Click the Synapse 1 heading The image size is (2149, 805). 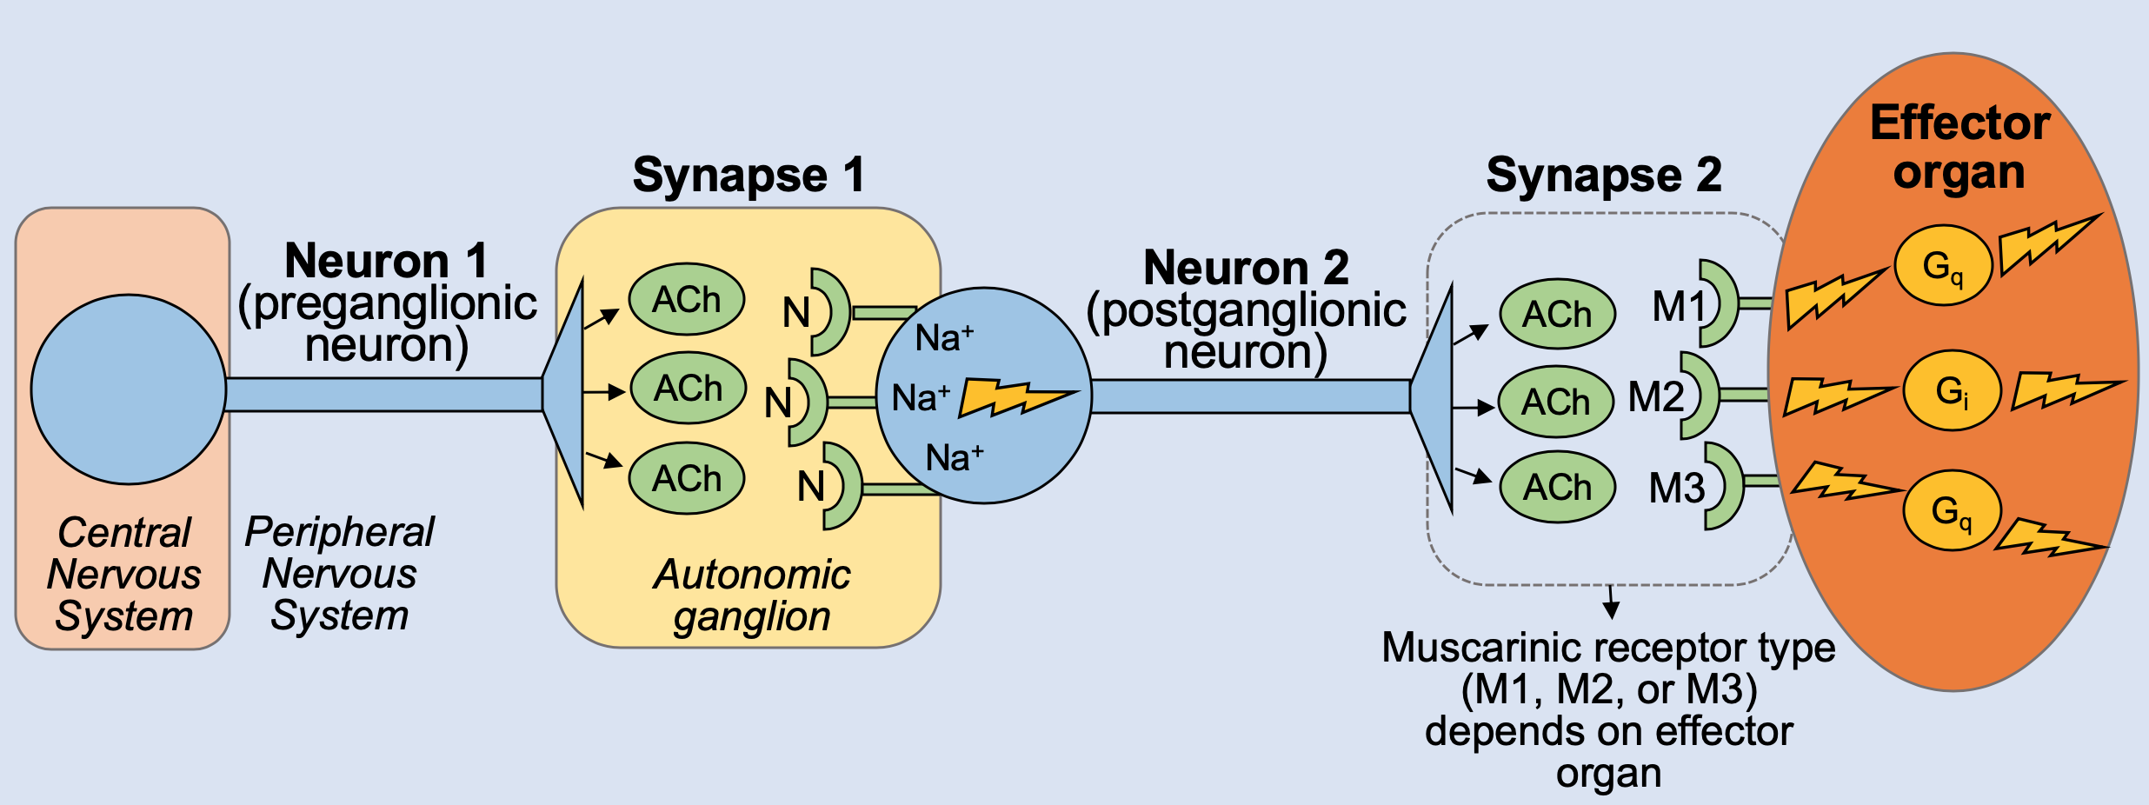click(x=748, y=176)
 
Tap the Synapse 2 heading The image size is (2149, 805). click(x=1603, y=176)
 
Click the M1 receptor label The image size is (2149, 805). click(x=1679, y=307)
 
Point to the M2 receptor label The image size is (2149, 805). click(x=1655, y=397)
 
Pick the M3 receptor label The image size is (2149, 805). click(x=1677, y=489)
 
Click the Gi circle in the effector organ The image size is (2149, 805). click(x=1952, y=390)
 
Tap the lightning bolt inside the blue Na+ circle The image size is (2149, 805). click(x=1017, y=397)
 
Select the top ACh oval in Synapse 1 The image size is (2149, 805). click(x=686, y=300)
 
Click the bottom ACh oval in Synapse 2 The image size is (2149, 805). click(x=1557, y=488)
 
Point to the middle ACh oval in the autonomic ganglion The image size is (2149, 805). click(x=688, y=389)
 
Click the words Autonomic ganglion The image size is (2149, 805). click(x=752, y=595)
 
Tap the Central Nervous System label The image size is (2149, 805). click(x=123, y=575)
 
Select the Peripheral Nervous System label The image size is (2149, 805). click(x=339, y=574)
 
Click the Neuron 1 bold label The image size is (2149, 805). click(x=386, y=261)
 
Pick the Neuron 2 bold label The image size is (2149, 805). click(x=1246, y=267)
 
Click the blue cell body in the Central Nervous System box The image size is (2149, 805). click(x=129, y=389)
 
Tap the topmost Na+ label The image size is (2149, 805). click(x=944, y=338)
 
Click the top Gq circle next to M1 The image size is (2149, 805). click(x=1943, y=265)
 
